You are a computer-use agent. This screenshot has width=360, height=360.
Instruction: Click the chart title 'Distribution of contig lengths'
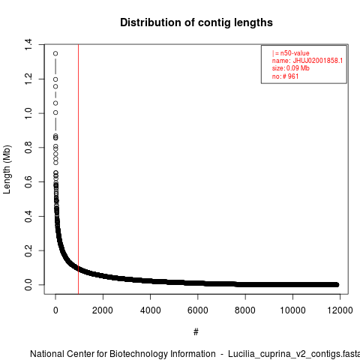point(196,22)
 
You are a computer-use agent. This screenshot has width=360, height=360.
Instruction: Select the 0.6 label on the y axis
point(28,181)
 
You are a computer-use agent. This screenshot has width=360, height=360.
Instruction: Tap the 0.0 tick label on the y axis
point(28,285)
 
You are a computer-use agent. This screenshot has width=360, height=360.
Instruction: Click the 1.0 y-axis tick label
point(28,113)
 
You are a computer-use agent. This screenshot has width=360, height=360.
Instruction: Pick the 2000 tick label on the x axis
point(103,310)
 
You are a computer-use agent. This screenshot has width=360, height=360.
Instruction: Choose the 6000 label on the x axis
point(198,310)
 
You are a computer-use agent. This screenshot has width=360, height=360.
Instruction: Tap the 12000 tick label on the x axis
point(340,310)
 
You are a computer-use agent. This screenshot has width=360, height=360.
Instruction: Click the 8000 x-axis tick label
point(245,310)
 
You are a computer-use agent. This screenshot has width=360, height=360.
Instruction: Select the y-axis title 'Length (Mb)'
point(7,169)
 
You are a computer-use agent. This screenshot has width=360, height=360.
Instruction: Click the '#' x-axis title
point(196,332)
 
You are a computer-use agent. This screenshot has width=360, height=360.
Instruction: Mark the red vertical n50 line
point(79,169)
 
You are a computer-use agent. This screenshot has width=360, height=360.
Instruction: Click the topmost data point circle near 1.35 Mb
point(55,53)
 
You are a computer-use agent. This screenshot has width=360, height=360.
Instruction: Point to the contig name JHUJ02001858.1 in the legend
point(318,61)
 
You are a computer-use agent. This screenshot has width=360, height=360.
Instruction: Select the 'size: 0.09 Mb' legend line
point(291,68)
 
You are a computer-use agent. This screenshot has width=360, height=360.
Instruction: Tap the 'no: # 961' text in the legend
point(285,76)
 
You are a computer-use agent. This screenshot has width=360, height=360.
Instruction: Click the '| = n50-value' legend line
point(291,53)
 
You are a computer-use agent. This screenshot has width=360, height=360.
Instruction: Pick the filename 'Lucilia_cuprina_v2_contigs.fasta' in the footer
point(294,354)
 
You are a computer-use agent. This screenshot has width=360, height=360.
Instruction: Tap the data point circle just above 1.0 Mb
point(55,103)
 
